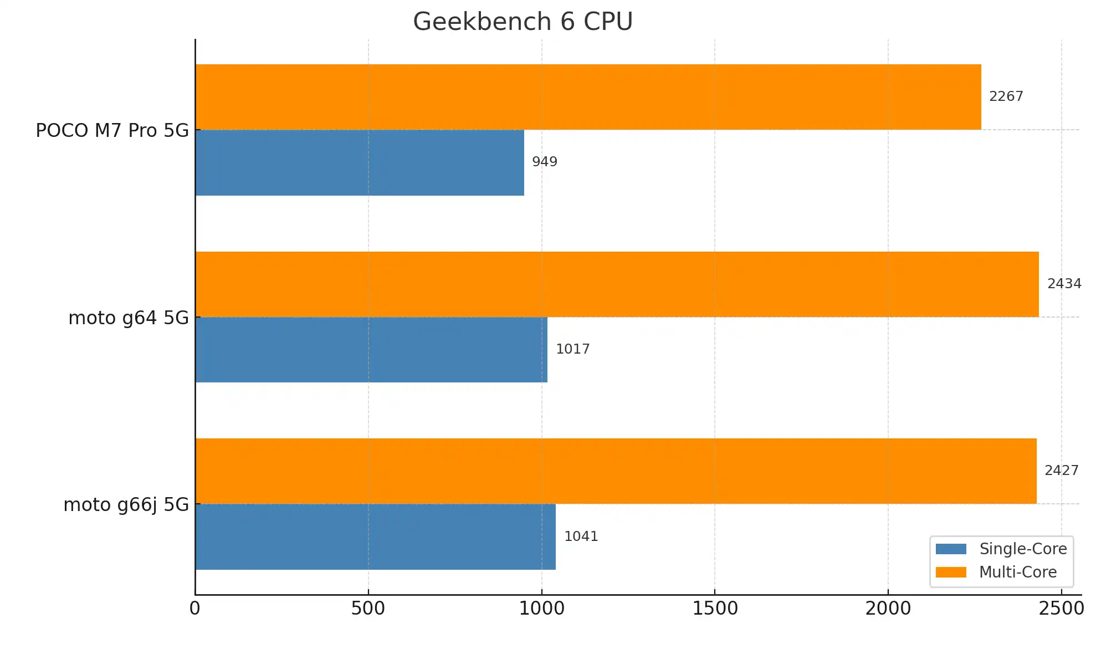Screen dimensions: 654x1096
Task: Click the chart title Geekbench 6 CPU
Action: tap(523, 22)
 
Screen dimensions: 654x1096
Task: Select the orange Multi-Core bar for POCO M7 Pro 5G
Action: tap(588, 97)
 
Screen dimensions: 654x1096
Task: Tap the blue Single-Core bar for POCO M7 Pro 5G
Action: tap(360, 162)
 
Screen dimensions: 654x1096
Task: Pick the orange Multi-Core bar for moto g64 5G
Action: tap(617, 284)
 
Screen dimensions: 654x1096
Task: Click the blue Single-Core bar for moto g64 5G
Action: tap(371, 350)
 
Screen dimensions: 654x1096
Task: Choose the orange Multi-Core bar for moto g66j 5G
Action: tap(616, 471)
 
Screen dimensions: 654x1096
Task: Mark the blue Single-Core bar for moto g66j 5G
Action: tap(375, 537)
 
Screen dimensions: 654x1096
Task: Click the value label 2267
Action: tap(1006, 96)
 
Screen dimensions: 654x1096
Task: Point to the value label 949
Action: tap(544, 162)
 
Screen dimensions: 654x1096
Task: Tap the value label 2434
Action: tap(1064, 284)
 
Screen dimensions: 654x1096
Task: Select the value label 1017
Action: tap(572, 349)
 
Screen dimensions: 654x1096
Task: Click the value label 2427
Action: tap(1061, 471)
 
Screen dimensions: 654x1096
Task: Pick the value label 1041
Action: tap(581, 537)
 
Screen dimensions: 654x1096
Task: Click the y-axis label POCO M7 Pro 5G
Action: tap(112, 131)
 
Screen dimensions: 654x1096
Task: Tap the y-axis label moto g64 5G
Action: tap(128, 318)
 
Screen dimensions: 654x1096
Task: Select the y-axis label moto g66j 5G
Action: tap(126, 505)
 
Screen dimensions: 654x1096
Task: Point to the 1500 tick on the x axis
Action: tap(715, 609)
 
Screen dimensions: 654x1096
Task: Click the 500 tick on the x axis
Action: tap(368, 609)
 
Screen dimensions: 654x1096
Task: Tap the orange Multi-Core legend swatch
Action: tap(950, 572)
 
